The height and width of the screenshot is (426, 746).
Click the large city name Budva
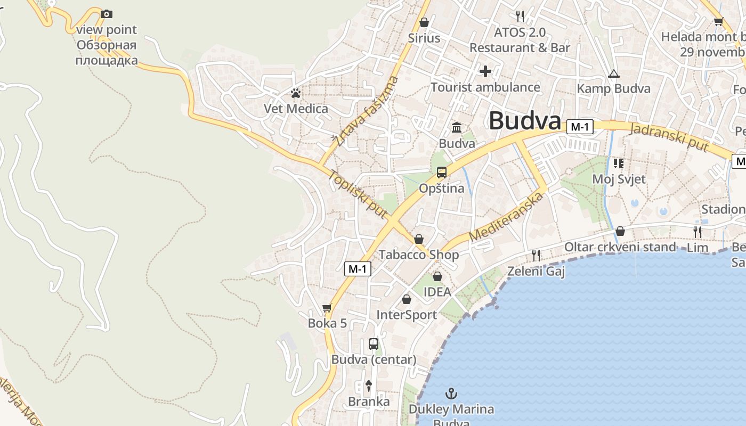525,121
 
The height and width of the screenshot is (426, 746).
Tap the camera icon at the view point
107,14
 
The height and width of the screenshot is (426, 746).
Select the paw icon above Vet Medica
296,94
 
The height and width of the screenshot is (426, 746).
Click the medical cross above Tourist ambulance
485,71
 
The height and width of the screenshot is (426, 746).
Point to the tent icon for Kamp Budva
614,73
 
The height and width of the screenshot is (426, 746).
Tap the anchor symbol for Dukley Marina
451,394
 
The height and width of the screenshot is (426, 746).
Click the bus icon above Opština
442,173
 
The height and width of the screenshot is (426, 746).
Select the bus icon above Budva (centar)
374,344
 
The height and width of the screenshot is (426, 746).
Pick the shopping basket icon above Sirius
424,22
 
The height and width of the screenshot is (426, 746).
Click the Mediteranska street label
507,217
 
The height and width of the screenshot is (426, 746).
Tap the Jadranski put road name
669,137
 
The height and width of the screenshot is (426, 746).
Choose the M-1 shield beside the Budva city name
580,127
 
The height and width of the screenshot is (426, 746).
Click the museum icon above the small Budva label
457,128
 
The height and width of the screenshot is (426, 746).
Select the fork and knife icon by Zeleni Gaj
536,256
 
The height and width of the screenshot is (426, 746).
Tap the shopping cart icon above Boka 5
327,308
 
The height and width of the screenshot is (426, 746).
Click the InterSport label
407,315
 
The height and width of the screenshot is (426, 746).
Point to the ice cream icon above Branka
368,386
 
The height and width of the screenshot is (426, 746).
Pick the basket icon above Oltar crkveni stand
620,231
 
